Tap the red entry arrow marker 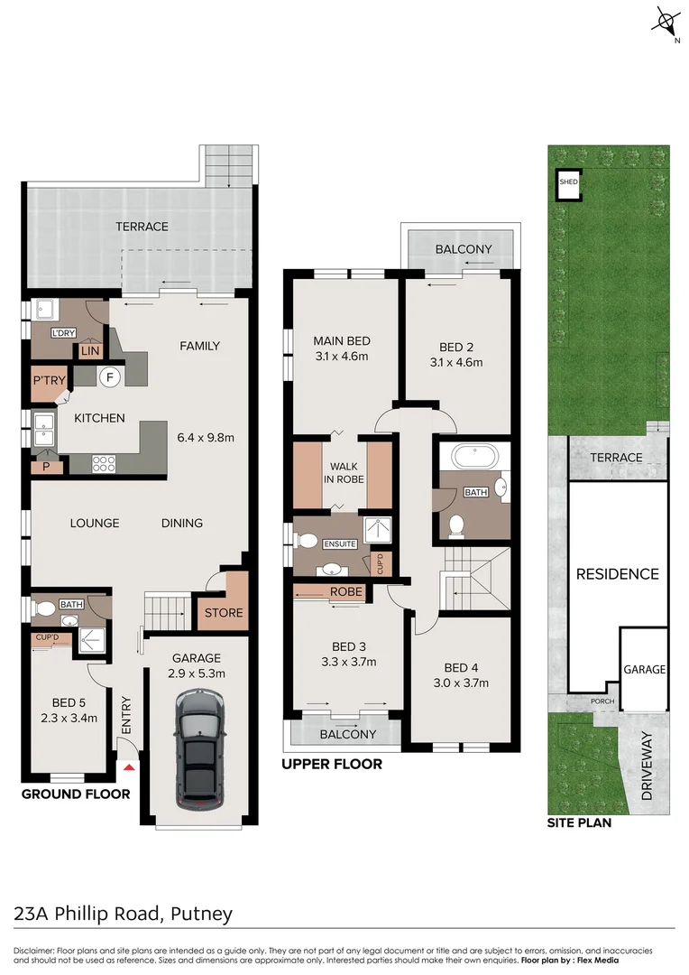129,767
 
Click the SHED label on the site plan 568,182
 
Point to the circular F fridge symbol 109,376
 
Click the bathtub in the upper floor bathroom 474,456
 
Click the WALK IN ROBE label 343,472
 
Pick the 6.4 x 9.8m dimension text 206,439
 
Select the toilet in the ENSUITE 307,543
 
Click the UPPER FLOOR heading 331,764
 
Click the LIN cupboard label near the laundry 90,350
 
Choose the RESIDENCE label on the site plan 617,574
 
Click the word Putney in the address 204,913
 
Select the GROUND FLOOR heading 76,794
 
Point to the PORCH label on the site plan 602,701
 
